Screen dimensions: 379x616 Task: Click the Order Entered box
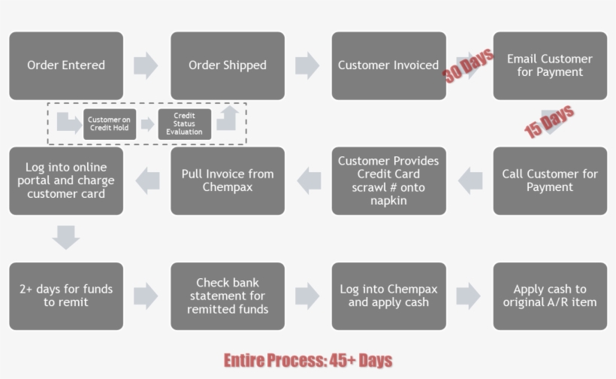66,65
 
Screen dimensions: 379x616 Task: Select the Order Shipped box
228,65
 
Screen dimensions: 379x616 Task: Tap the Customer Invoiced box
388,65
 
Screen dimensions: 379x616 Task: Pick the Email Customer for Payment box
550,65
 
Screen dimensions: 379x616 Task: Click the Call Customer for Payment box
550,180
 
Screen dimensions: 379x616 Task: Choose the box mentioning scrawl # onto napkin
388,180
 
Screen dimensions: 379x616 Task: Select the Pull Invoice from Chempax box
228,180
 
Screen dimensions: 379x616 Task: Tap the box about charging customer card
66,180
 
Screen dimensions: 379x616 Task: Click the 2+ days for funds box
66,296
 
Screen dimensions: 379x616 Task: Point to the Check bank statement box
228,296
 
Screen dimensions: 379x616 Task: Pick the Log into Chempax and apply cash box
388,296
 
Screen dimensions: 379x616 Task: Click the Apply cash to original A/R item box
550,296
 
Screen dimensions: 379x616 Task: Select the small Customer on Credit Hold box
110,124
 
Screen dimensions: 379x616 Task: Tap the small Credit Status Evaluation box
184,124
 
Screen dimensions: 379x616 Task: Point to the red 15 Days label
549,121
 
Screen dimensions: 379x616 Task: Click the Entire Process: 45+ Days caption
308,360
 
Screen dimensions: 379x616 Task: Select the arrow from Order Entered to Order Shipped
146,65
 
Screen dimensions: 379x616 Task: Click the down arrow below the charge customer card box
66,238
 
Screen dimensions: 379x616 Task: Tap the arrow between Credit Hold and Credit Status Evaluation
147,124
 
